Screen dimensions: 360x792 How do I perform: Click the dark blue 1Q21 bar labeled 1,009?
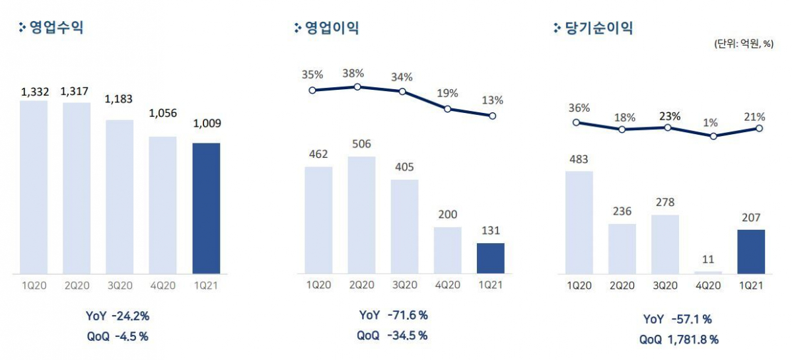[205, 208]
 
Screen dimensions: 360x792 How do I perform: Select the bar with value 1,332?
[34, 187]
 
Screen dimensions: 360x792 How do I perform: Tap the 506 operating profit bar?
[361, 215]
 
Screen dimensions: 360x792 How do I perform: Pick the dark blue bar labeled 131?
[490, 258]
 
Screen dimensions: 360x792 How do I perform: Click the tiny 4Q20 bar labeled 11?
[708, 272]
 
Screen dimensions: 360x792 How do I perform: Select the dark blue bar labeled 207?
[751, 252]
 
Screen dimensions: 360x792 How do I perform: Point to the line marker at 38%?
[357, 87]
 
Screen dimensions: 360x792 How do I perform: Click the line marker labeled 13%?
[492, 116]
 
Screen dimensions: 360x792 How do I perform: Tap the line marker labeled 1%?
[713, 136]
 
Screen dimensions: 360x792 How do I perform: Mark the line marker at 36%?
[576, 122]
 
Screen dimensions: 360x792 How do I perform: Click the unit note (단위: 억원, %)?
[743, 44]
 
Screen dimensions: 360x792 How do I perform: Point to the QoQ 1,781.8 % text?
[678, 340]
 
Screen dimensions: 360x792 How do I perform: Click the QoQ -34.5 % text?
[392, 336]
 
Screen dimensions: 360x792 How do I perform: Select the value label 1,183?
[119, 99]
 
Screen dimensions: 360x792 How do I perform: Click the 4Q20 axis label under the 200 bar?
[447, 285]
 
